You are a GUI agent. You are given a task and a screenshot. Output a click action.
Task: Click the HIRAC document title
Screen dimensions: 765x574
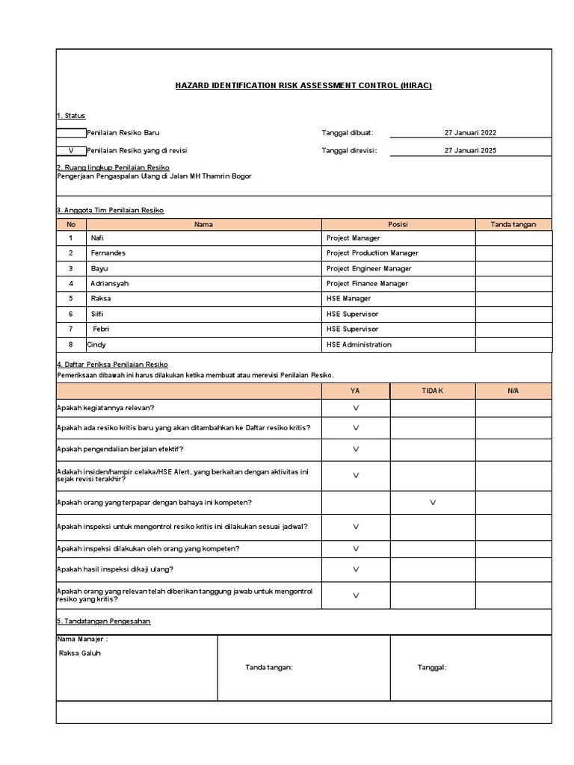303,86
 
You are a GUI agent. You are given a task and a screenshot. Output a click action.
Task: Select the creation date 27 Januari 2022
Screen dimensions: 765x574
470,133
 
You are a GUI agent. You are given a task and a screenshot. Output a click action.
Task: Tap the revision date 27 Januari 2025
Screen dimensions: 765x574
470,150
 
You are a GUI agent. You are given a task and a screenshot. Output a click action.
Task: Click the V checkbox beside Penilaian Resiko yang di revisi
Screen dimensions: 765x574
72,150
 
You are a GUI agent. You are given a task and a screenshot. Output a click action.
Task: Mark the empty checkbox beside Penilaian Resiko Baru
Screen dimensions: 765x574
72,133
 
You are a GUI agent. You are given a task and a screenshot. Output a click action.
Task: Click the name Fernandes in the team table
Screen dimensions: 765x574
108,253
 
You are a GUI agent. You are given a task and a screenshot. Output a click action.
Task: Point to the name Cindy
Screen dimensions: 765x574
96,344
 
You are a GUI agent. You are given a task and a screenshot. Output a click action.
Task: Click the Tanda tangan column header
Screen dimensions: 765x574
513,224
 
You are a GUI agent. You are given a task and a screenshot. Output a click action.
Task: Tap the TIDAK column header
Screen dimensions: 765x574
433,391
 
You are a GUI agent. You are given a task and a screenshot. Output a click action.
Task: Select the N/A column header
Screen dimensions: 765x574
513,391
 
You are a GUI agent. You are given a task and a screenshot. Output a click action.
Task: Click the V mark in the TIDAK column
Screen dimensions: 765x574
433,503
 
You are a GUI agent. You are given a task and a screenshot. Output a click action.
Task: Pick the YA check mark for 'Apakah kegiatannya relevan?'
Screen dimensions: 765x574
356,408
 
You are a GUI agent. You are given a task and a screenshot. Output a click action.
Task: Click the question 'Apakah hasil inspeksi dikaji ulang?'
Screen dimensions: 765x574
115,569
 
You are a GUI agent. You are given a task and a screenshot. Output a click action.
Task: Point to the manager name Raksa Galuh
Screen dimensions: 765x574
79,653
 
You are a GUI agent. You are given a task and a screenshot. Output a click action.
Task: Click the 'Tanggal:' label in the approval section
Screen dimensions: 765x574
431,668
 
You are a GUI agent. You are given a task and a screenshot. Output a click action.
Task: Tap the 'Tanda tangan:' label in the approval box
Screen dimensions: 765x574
269,668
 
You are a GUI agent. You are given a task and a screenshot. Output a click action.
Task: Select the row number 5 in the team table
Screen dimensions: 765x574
71,299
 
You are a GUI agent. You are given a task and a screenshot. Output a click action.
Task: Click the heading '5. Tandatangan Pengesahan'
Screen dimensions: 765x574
104,622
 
